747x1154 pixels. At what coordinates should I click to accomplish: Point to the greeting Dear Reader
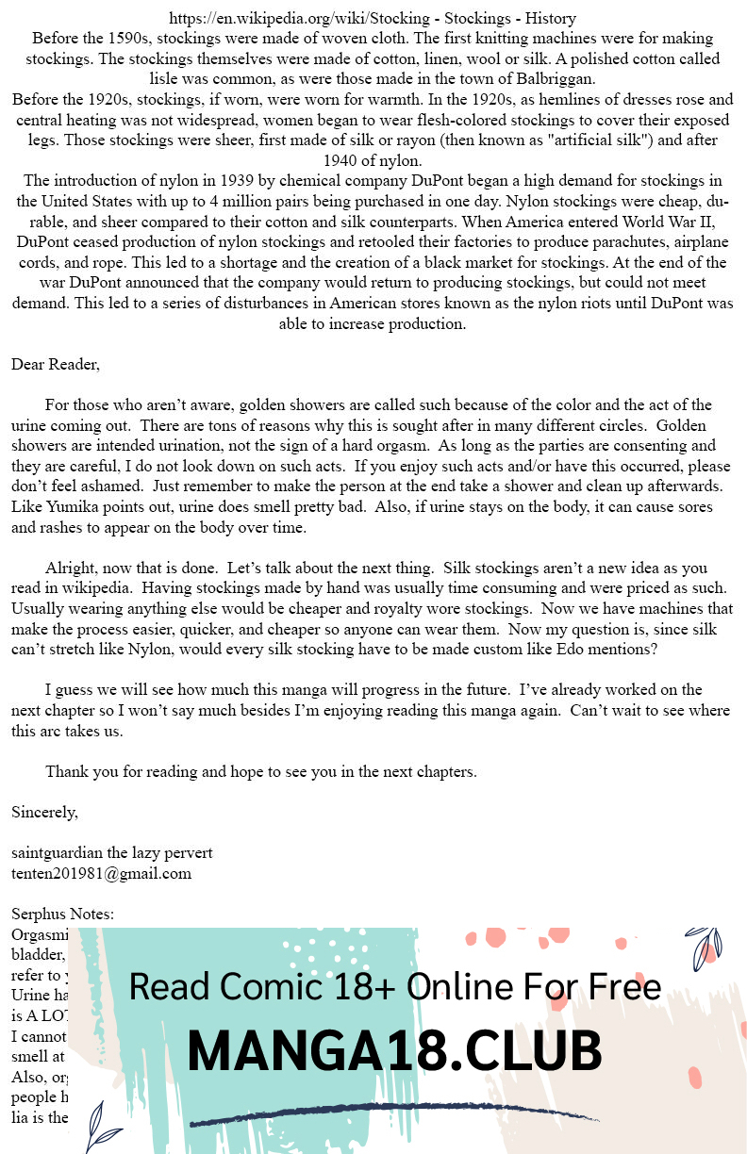pyautogui.click(x=56, y=364)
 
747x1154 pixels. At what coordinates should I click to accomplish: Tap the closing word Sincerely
pyautogui.click(x=44, y=812)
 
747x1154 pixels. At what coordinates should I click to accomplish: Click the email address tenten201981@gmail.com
pyautogui.click(x=101, y=874)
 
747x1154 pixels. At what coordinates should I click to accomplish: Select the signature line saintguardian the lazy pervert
pyautogui.click(x=111, y=853)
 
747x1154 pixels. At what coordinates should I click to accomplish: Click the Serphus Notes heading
pyautogui.click(x=62, y=915)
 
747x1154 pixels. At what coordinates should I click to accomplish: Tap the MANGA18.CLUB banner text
pyautogui.click(x=394, y=1051)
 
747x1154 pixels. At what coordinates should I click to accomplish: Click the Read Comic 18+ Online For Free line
pyautogui.click(x=394, y=986)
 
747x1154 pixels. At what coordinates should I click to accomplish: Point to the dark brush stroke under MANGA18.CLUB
pyautogui.click(x=394, y=1113)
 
